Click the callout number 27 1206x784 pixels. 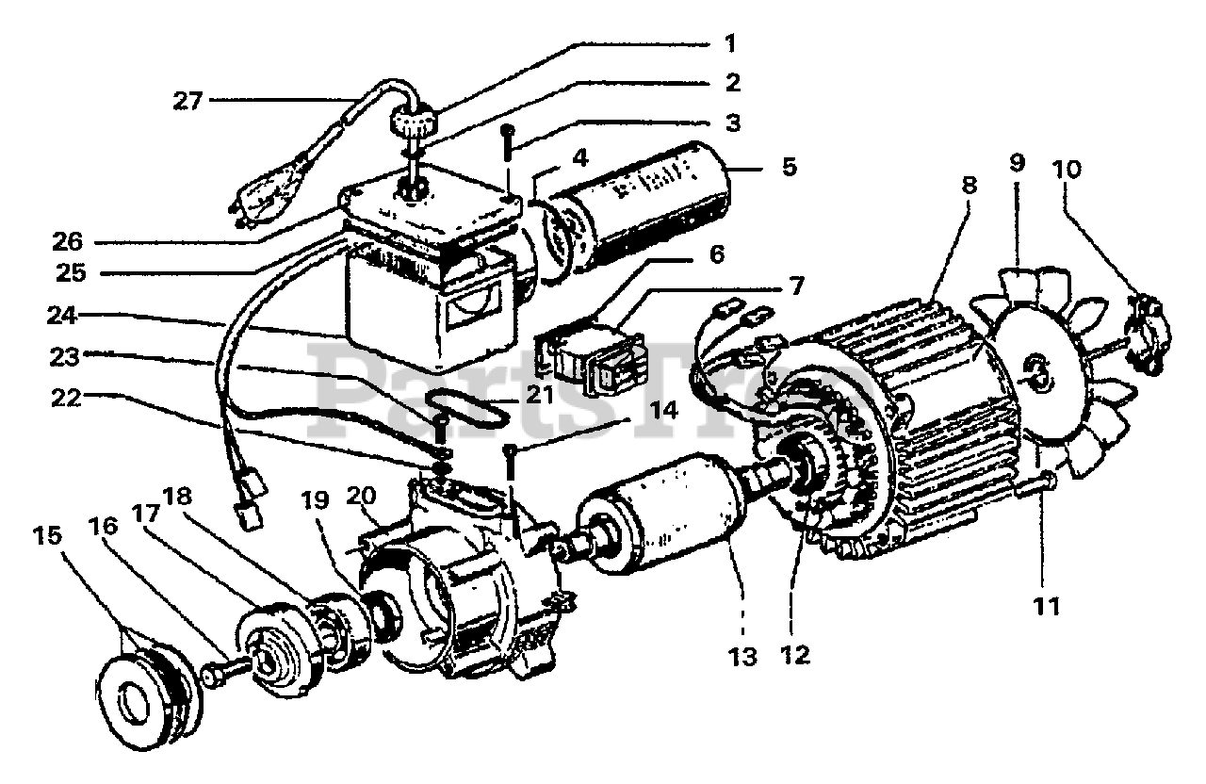187,100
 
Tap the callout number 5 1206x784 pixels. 789,167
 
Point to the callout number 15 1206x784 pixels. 48,536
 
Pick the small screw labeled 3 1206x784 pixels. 507,141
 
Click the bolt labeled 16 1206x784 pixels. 216,675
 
